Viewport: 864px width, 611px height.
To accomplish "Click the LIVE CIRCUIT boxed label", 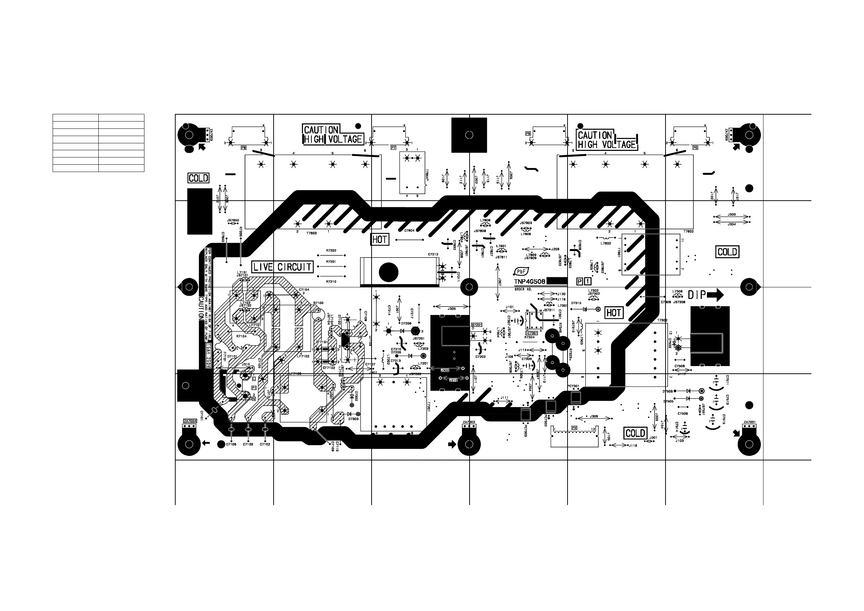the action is pos(282,267).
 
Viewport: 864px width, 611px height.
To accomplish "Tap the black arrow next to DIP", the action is pos(715,295).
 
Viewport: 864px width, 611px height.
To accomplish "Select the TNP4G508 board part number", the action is pos(530,282).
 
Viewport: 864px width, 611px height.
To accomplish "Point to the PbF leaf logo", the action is pos(521,272).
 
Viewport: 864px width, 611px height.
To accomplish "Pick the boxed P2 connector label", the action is pos(574,428).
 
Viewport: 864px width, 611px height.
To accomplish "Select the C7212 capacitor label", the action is pos(433,254).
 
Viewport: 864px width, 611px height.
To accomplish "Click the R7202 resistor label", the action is pos(331,251).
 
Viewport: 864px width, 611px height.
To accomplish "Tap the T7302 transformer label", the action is pos(662,320).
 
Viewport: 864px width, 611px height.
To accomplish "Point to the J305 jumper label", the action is pos(451,308).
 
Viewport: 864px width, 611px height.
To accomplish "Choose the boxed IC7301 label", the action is pos(532,333).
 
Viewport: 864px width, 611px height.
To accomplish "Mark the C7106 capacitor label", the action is pos(231,444).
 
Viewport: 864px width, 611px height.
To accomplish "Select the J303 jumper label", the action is pos(732,214).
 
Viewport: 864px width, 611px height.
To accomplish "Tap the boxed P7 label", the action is pos(393,148).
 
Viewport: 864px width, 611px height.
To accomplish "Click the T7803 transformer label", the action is pos(312,233).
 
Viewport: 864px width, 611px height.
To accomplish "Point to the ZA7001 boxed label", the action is pos(750,422).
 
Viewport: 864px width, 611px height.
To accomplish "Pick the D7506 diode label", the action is pos(668,391).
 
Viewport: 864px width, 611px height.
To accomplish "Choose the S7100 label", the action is pos(318,303).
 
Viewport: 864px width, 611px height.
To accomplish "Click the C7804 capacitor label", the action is pos(409,230).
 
